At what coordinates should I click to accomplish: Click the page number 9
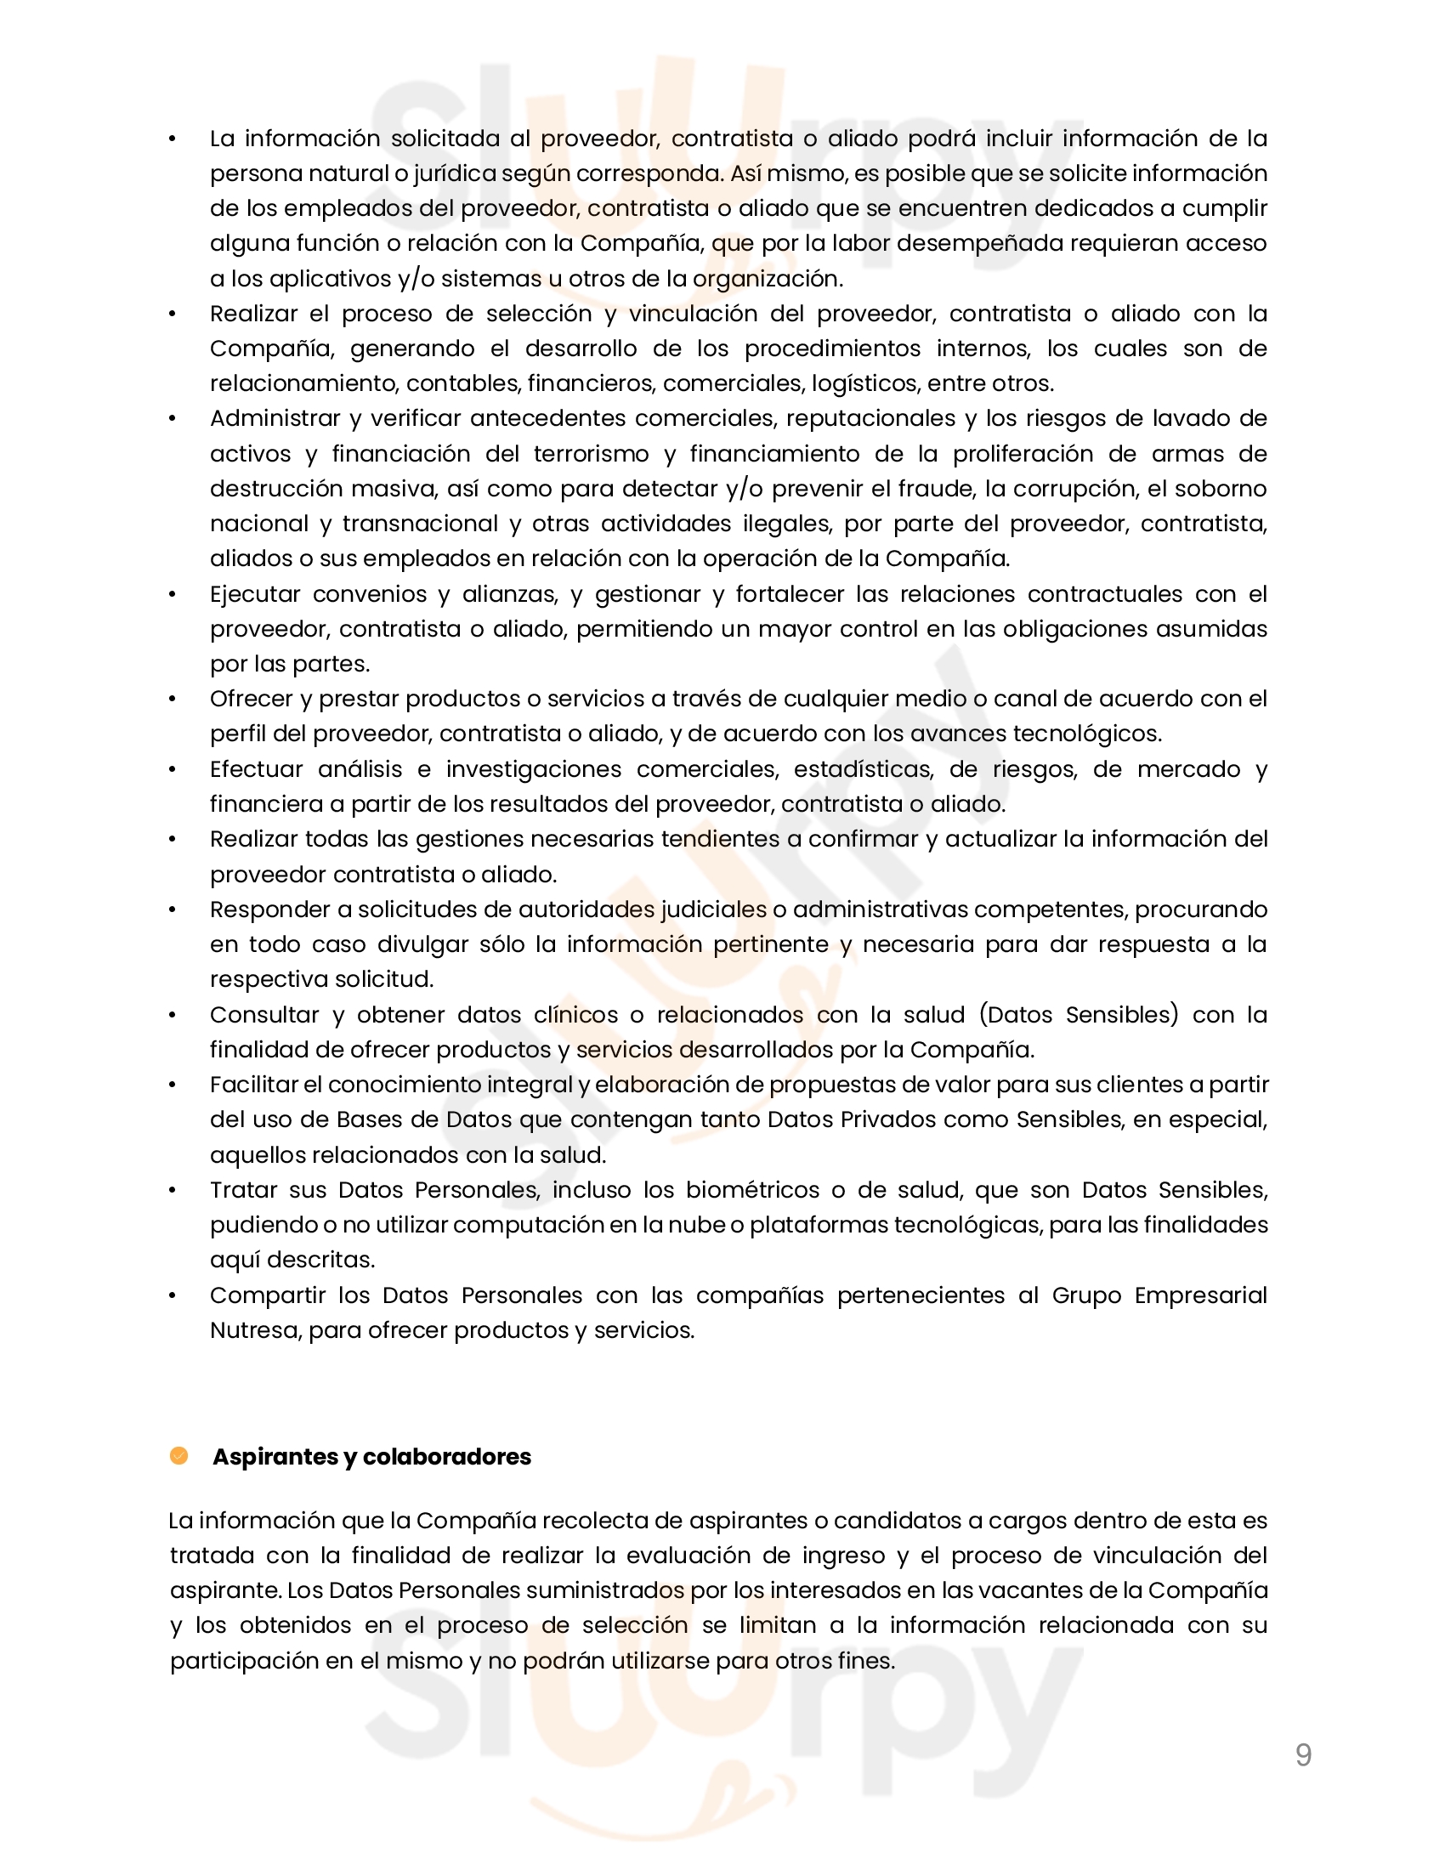point(1303,1755)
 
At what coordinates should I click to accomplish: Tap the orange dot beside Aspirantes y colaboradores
point(178,1455)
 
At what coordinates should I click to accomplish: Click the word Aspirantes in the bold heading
point(275,1456)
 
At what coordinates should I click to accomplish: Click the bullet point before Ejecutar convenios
point(172,594)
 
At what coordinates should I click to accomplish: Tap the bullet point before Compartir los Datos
point(172,1295)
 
